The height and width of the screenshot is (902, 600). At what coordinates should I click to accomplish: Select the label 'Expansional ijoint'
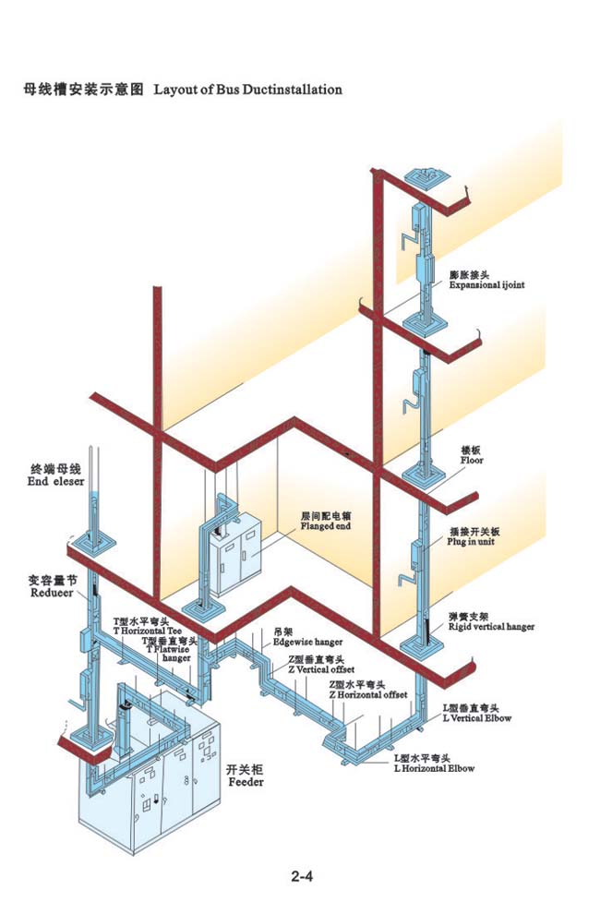tap(486, 285)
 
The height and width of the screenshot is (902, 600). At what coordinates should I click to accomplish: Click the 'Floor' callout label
tap(472, 460)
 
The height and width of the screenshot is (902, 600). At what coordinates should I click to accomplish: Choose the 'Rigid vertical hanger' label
tap(491, 626)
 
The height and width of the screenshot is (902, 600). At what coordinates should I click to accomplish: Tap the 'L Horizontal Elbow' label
tap(434, 767)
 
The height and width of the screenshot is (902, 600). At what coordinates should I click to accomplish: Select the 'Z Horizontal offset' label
tap(368, 693)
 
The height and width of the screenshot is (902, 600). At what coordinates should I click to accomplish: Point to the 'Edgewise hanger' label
tap(307, 641)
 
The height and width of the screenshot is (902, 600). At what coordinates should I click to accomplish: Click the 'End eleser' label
tap(55, 481)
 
